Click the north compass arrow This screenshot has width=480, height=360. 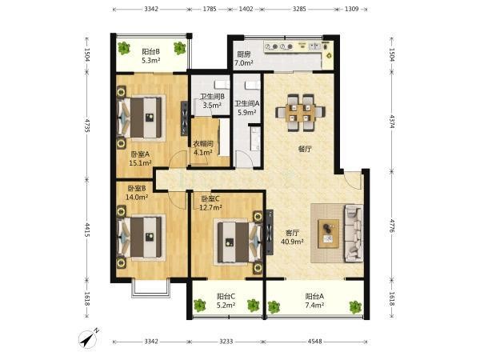[x=88, y=339]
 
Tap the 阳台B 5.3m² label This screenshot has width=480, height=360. [x=150, y=56]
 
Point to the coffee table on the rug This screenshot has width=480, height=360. [x=329, y=234]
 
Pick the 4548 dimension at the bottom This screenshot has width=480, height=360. [x=314, y=341]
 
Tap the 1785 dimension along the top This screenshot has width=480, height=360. [x=210, y=9]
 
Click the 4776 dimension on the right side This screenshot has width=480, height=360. [x=392, y=226]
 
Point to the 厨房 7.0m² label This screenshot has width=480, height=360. [x=244, y=58]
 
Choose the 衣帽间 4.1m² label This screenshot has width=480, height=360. [x=202, y=148]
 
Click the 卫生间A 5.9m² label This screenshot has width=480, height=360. [x=247, y=108]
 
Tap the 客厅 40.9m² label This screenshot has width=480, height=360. [x=292, y=237]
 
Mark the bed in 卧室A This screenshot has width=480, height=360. [x=140, y=118]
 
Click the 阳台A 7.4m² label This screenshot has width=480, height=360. [x=314, y=301]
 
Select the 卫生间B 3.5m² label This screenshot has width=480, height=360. [x=212, y=101]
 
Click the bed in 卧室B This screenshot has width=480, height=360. [x=140, y=237]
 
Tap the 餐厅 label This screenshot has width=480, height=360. [x=305, y=149]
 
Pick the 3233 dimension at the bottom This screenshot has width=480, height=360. [x=226, y=341]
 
